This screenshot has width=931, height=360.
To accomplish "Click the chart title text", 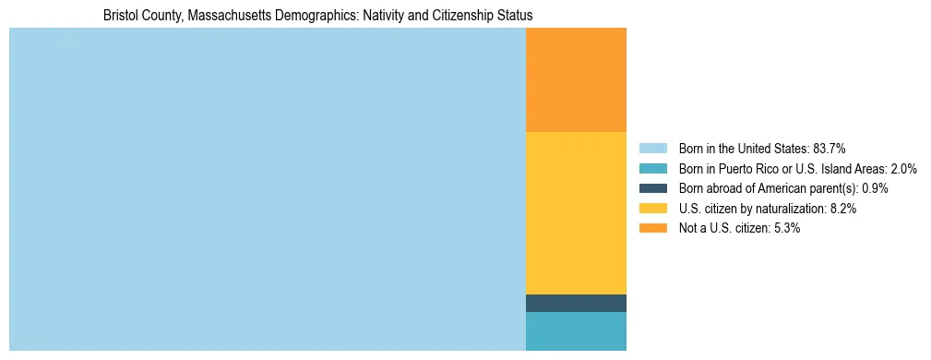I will click(x=317, y=16).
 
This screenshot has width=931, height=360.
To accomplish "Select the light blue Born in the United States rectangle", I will click(x=267, y=189).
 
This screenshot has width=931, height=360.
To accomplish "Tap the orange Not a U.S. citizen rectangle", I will click(x=576, y=80).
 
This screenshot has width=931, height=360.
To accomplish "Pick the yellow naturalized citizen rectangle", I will click(x=576, y=213).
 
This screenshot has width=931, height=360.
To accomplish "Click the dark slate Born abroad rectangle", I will click(x=576, y=303).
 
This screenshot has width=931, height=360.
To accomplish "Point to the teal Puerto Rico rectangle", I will click(x=576, y=331).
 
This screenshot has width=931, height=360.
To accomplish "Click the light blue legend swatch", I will click(x=652, y=148).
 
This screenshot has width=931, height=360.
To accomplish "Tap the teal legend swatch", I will click(x=652, y=168).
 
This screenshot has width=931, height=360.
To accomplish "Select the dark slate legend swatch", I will click(x=652, y=188).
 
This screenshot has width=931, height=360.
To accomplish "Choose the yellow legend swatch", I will click(x=652, y=209).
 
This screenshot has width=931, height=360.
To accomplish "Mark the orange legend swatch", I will click(x=652, y=229).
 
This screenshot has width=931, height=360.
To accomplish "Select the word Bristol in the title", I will click(x=121, y=16).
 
